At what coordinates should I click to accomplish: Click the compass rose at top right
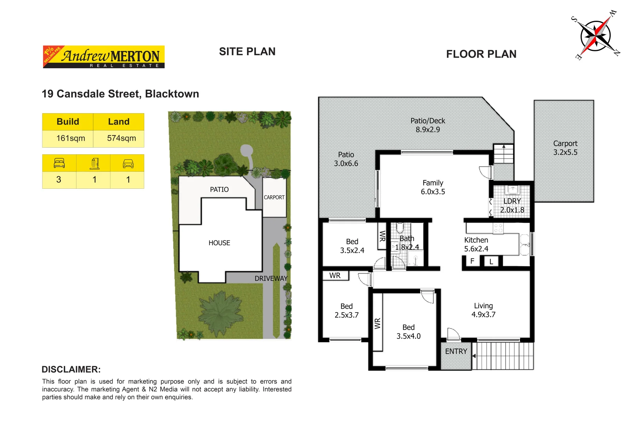pos(595,36)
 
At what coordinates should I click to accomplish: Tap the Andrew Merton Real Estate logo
pos(103,57)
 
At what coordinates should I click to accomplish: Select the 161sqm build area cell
pos(71,138)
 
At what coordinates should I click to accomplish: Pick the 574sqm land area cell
pos(121,138)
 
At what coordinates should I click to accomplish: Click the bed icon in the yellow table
pos(59,163)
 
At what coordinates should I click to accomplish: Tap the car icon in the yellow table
pos(128,163)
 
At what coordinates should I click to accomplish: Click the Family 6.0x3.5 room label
pos(433,187)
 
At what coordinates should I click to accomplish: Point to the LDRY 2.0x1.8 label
pos(512,205)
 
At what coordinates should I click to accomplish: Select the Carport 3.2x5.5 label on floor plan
pos(565,148)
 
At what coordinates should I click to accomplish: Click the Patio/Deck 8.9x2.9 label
pos(428,125)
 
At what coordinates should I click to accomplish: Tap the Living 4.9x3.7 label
pos(483,310)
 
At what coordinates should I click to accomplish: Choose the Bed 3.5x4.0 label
pos(408,331)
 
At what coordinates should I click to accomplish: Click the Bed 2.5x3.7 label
pos(347,310)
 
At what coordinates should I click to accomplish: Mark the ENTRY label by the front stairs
pos(456,351)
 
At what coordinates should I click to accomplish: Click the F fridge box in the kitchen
pos(472,261)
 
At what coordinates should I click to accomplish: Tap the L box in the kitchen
pos(491,262)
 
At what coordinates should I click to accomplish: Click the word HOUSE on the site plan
pos(219,243)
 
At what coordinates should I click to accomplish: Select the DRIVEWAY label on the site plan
pos(271,278)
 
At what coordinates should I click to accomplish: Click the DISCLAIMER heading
pos(71,369)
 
